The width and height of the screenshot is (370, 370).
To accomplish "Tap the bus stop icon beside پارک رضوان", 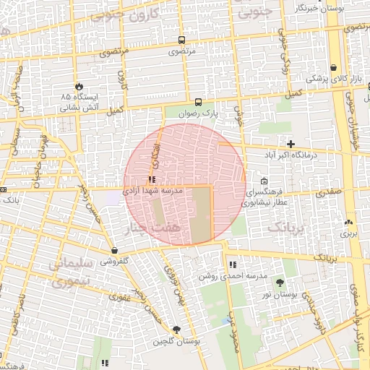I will tap(198, 102).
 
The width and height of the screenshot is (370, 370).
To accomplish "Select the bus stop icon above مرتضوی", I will tap(181, 40).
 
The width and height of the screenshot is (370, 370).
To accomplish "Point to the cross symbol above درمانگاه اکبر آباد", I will tap(291, 144).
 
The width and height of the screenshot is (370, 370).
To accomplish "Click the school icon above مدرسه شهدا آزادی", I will tap(152, 180).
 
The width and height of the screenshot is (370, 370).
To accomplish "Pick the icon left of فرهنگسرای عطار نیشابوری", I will tap(264, 181).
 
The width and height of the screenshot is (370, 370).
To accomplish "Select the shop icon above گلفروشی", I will tap(114, 251).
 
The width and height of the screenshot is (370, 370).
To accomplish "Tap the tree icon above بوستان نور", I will tap(280, 283).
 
